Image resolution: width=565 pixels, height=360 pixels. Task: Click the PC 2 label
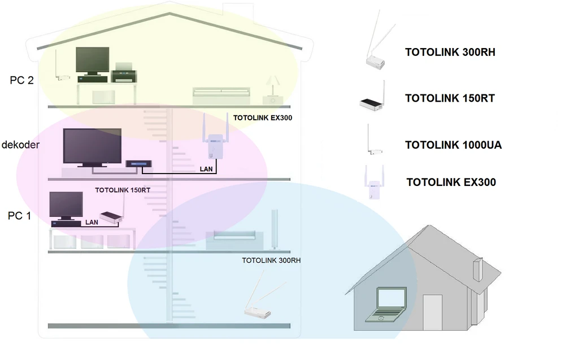click(21, 80)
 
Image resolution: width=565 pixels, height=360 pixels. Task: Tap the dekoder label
click(20, 145)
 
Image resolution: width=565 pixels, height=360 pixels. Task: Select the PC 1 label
click(19, 215)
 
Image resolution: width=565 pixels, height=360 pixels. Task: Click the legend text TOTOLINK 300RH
click(450, 53)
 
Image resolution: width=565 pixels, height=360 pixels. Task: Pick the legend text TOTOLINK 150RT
click(450, 98)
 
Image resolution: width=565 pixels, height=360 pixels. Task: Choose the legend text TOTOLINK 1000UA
click(453, 145)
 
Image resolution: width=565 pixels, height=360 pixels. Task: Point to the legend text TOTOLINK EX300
click(451, 182)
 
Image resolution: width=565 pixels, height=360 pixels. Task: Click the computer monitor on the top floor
click(92, 61)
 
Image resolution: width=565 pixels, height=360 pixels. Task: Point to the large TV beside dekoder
click(92, 148)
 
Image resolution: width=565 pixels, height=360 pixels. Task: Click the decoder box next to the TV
click(136, 164)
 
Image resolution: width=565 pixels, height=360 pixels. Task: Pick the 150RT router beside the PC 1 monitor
click(111, 216)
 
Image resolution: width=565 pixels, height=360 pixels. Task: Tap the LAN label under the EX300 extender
click(206, 168)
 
